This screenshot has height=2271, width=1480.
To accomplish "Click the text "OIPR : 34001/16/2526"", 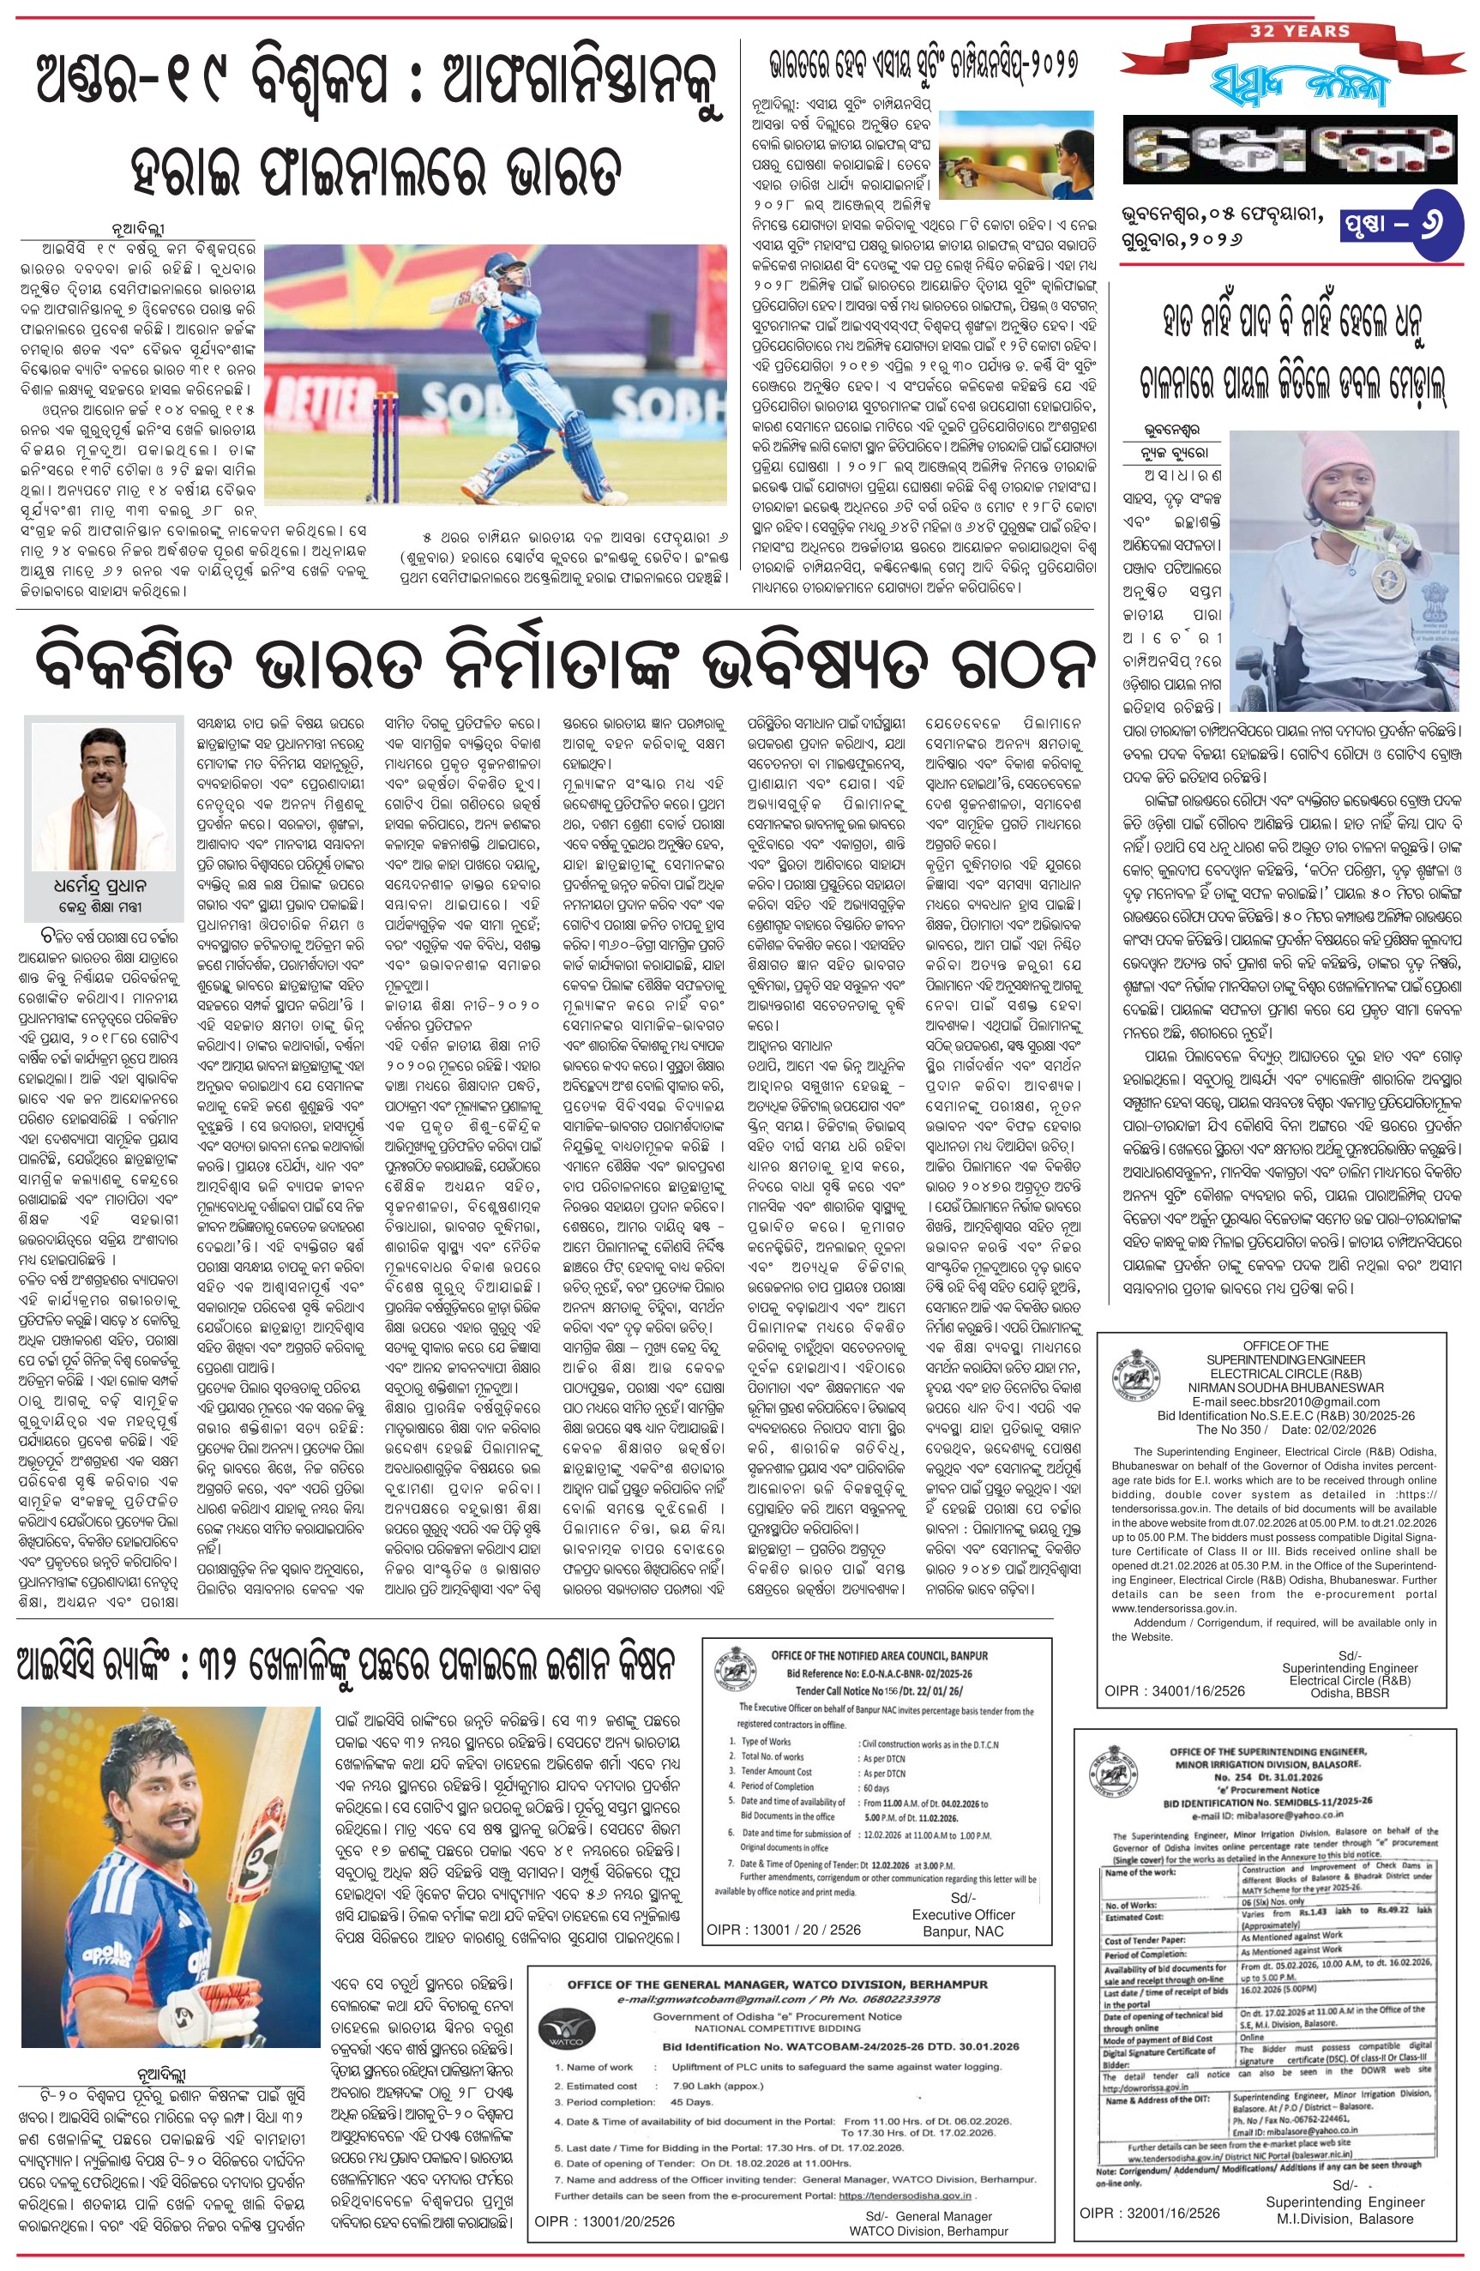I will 1175,1689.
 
